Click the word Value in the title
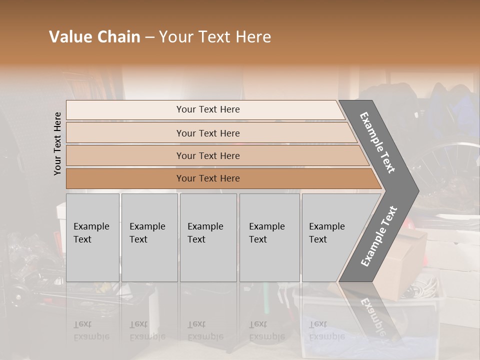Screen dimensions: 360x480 coord(69,37)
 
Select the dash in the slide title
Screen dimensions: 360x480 coord(149,37)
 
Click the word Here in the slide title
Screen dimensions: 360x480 coord(254,37)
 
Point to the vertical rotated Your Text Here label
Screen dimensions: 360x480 coord(57,143)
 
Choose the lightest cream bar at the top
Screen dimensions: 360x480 coord(205,109)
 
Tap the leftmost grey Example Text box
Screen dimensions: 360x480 coord(92,237)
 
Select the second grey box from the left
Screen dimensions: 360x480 coord(149,237)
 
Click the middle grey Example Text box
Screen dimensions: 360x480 coord(208,237)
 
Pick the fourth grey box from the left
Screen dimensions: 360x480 coord(269,237)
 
